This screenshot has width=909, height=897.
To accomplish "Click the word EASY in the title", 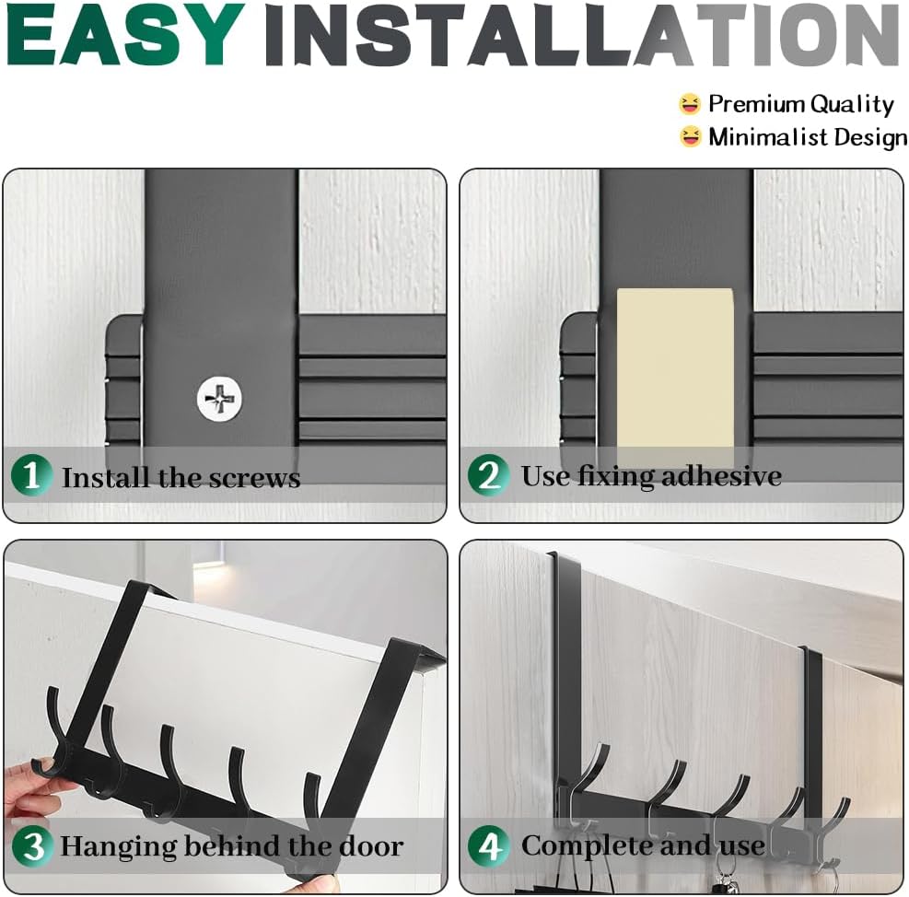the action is pos(124,34).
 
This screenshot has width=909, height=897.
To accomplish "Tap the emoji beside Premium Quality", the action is pos(690,104).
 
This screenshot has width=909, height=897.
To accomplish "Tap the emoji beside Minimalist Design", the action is pos(690,137).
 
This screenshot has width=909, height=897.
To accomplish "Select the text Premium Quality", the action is pos(801,104).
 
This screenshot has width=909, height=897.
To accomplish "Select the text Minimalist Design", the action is pos(808,137).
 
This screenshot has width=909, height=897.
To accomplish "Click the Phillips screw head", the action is pos(219,399).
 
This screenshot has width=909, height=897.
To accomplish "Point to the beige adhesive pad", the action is pos(675,377).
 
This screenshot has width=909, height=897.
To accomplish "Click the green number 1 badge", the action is pos(31,475).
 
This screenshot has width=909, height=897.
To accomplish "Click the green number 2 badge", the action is pos(489,475).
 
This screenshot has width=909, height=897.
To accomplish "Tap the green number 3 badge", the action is pos(32,846).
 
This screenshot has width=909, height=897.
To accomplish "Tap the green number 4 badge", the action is pos(489,846).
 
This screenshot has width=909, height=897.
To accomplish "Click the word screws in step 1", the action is pos(254,479).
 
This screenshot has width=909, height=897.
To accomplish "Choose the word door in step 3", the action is pos(371,846).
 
